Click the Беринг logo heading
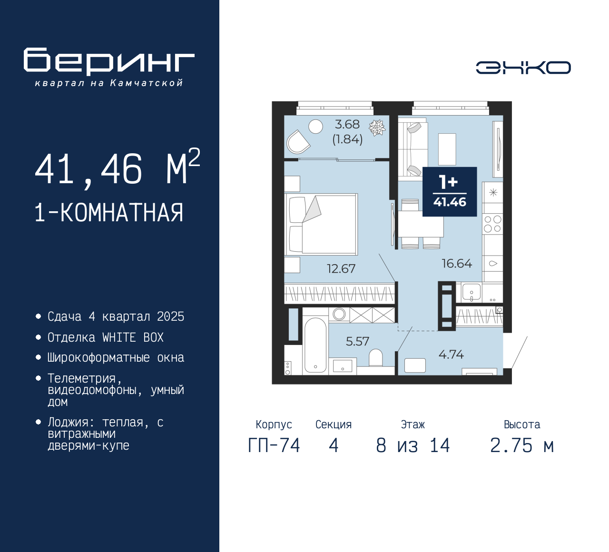109,61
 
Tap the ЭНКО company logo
523,68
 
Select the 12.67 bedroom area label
341,269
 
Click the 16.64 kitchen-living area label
456,264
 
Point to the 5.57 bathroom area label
357,341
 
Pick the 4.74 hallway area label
451,355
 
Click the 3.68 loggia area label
347,125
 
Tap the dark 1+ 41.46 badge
450,192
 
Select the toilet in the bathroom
375,357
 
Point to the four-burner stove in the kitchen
492,224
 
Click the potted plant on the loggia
377,128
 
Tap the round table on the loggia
315,126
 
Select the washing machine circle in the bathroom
339,314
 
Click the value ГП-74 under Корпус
274,446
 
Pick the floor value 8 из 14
413,446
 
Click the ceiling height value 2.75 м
522,446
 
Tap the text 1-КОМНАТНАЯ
109,213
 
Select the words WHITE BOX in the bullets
133,337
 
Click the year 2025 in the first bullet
170,316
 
